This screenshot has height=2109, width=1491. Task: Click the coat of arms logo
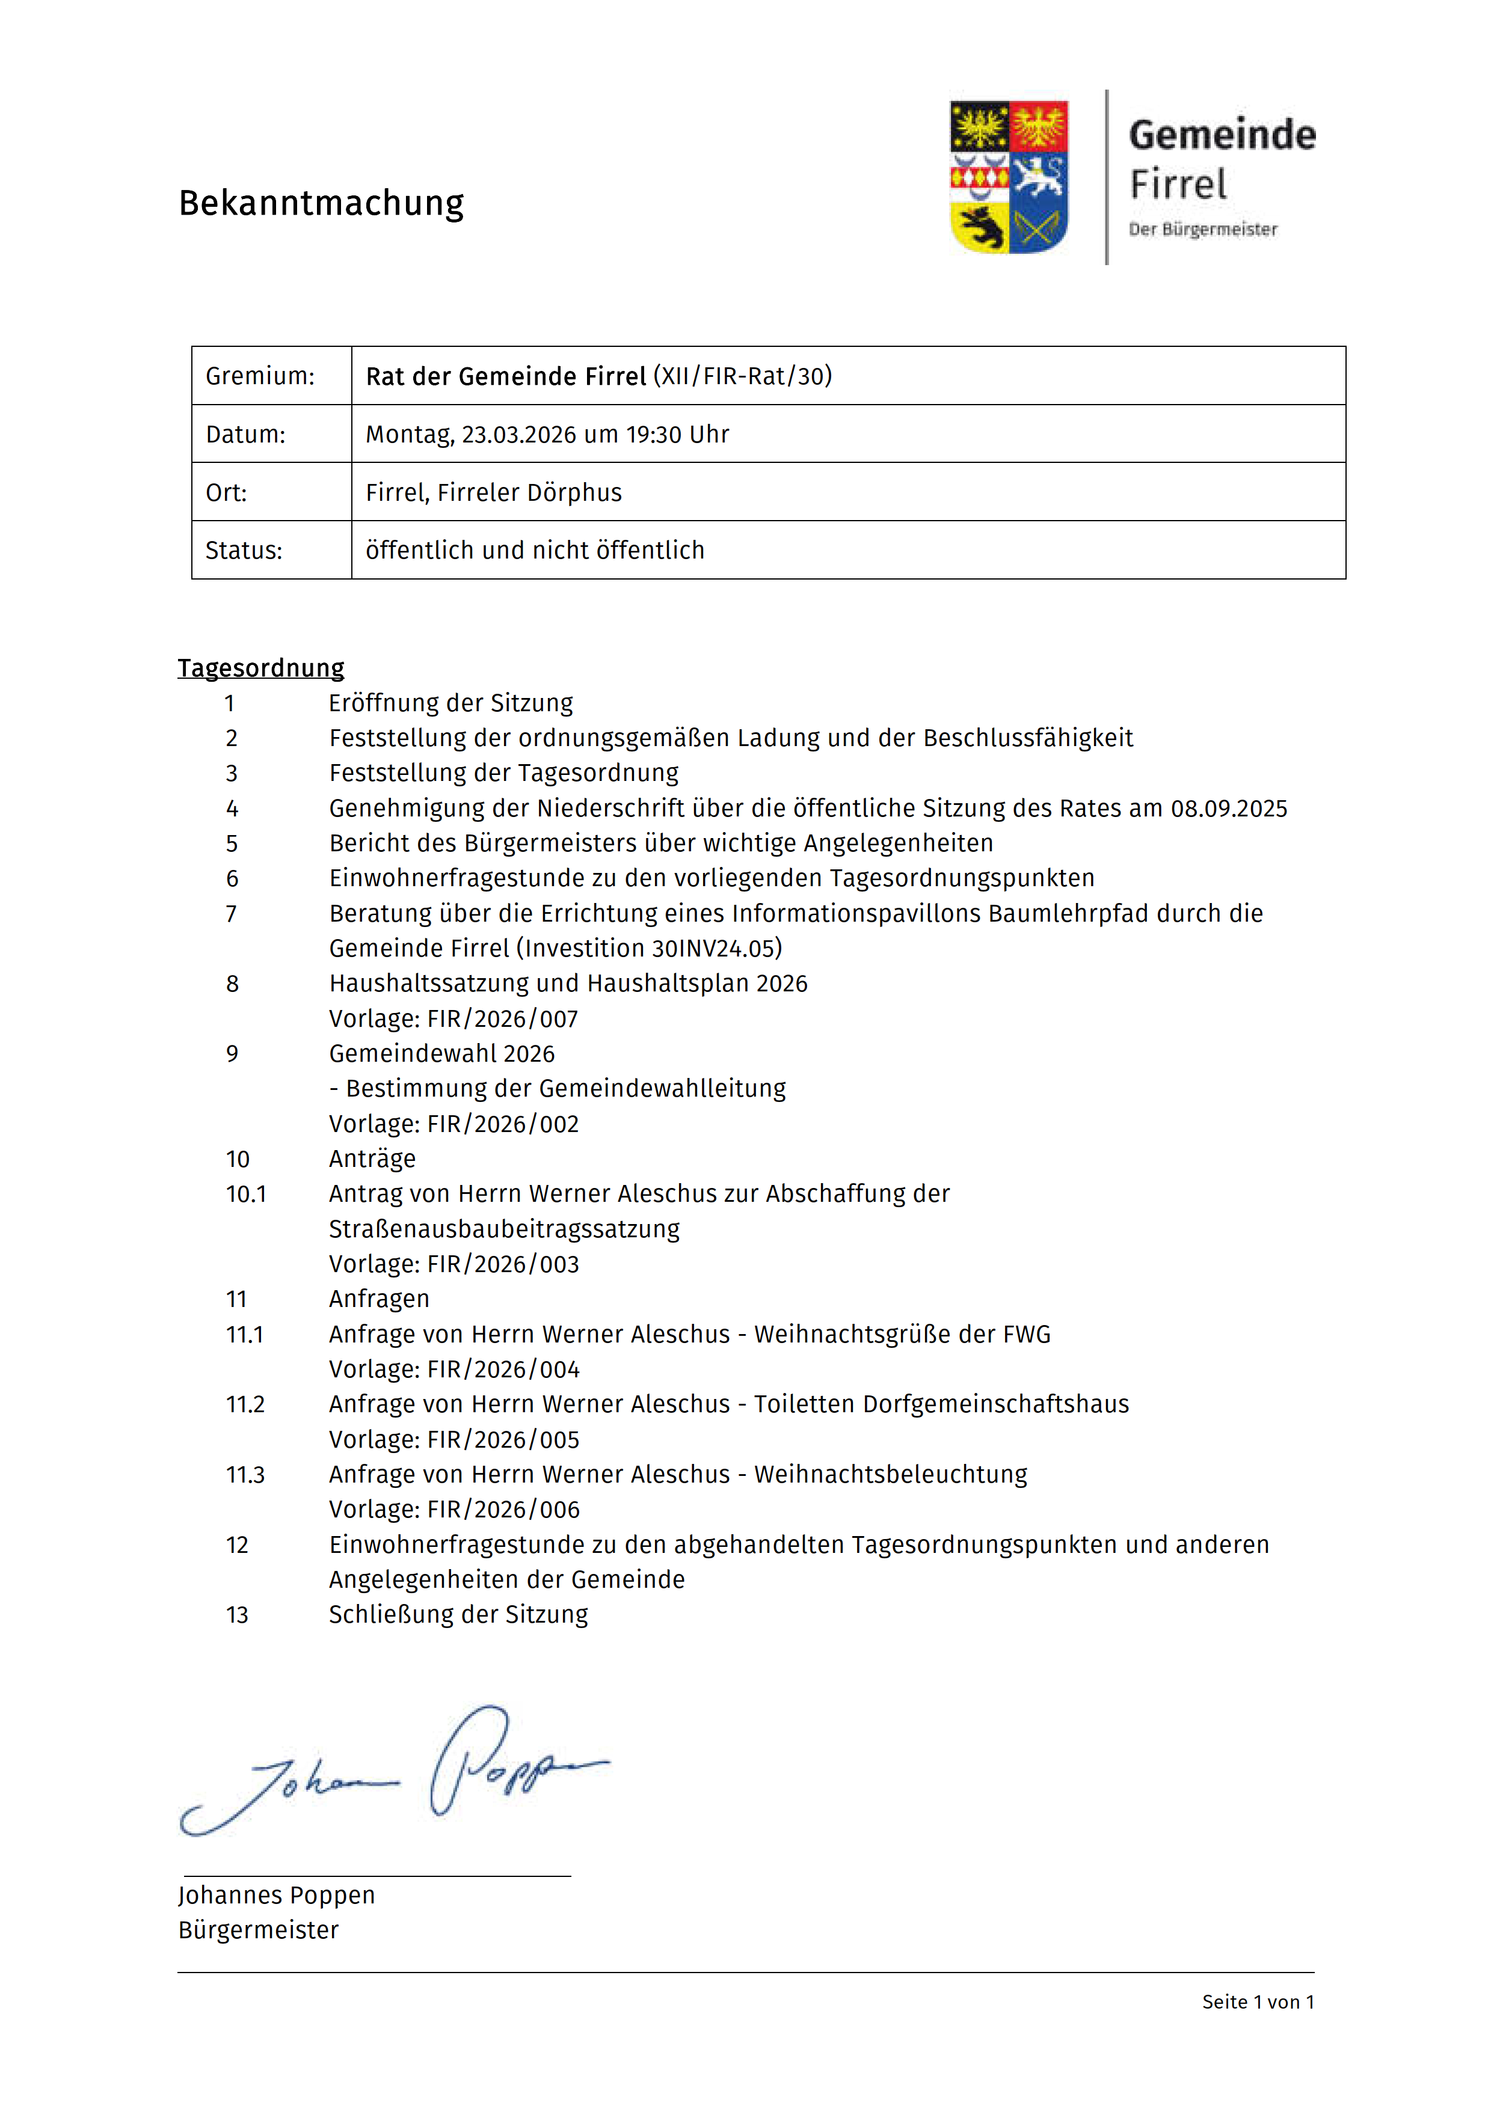[1008, 176]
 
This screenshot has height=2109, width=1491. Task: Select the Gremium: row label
[260, 376]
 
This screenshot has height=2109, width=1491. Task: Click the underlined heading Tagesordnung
[261, 668]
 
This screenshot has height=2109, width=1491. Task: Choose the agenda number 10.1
[245, 1194]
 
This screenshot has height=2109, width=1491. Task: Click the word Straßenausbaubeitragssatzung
[505, 1229]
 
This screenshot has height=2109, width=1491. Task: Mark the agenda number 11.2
[245, 1404]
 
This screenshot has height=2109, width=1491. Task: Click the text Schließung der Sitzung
[458, 1615]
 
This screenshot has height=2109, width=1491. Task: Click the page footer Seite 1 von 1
[1258, 2003]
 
